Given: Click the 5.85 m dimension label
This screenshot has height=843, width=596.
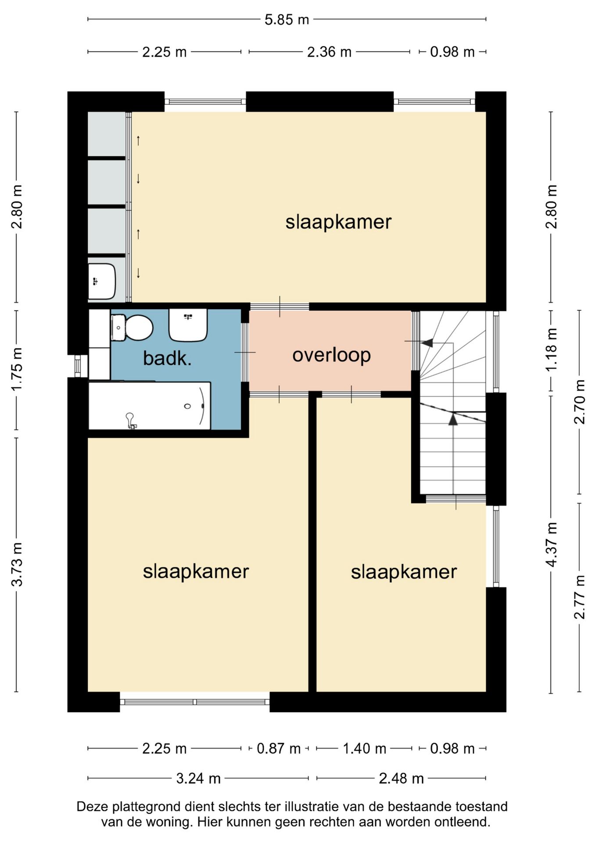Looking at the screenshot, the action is (287, 20).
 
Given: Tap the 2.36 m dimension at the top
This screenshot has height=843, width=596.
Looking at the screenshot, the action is (329, 52).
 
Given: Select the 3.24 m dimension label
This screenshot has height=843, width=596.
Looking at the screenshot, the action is (198, 778).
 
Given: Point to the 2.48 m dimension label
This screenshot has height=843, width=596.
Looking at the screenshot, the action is (401, 778).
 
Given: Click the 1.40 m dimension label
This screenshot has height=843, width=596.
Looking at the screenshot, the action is (364, 748).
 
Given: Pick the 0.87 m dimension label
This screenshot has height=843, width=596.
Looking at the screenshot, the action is (279, 748).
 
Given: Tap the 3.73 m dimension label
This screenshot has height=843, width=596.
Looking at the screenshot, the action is (17, 565).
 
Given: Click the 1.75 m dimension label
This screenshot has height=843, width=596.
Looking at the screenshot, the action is (17, 369).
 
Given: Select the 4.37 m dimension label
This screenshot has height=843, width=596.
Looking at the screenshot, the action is (552, 544).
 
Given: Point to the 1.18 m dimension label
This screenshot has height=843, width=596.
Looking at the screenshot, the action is (552, 349).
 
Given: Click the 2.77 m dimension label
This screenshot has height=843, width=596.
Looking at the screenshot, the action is (580, 597).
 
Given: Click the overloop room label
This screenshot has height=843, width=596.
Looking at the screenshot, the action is (331, 355).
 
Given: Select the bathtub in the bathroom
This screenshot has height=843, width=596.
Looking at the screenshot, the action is (150, 406).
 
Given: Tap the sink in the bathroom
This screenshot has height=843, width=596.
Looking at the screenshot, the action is (188, 325).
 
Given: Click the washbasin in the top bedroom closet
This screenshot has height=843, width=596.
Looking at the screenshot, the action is (102, 281).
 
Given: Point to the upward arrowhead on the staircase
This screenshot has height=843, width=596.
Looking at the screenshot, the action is (453, 420).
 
